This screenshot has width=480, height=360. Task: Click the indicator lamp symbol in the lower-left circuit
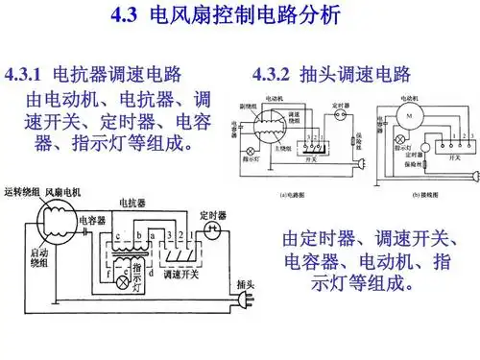click(x=123, y=281)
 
